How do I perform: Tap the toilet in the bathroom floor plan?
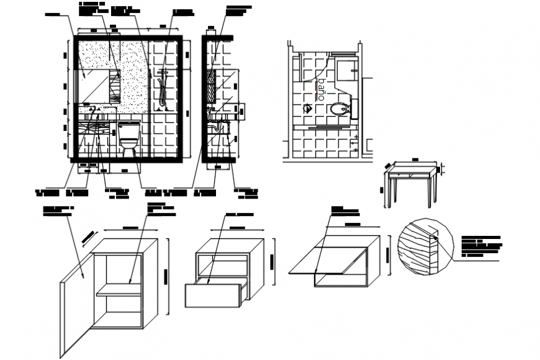[x=338, y=110]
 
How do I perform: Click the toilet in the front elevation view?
[x=129, y=137]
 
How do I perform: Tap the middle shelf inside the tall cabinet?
[x=119, y=289]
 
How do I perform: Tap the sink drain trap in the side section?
[x=215, y=127]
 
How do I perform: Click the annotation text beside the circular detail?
[x=480, y=246]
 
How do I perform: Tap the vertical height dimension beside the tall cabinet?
[x=166, y=276]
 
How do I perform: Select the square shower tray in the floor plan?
[x=345, y=69]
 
